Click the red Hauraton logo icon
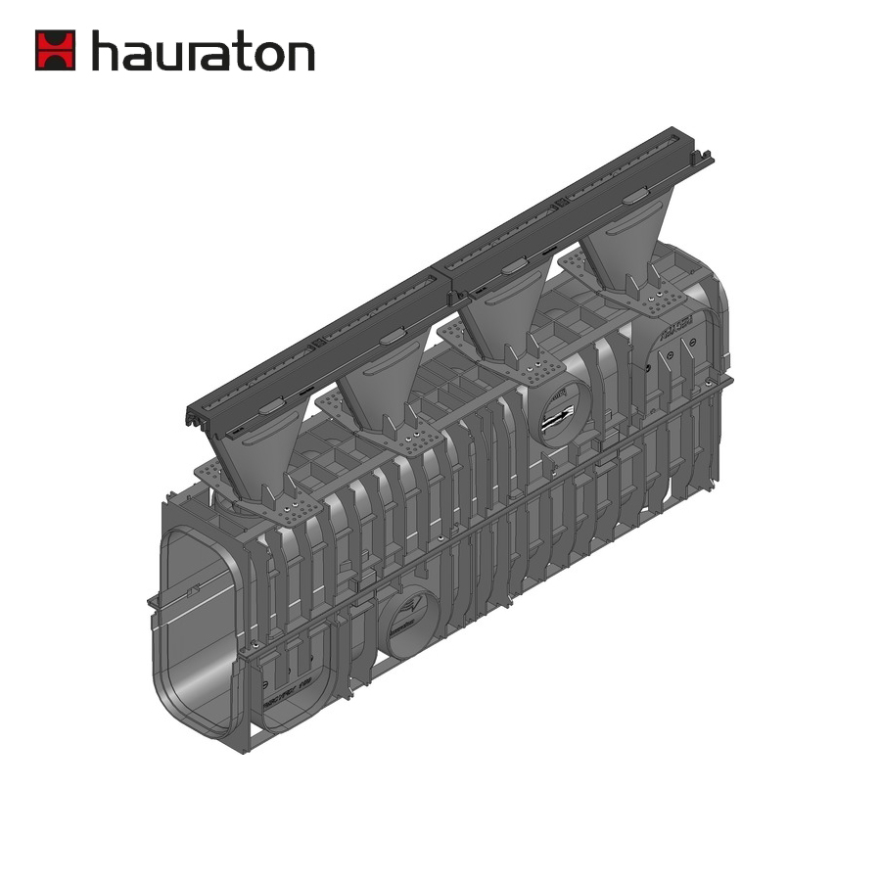coord(55,50)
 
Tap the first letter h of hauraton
coord(105,50)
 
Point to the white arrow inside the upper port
coord(561,419)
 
